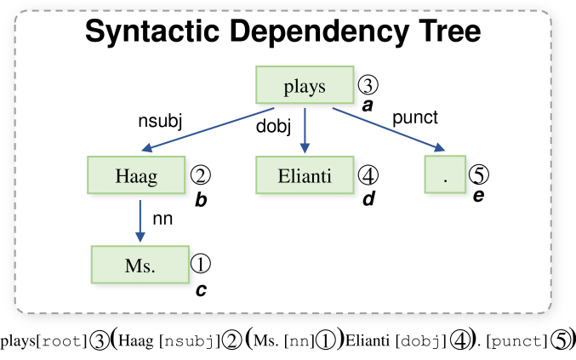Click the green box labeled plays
305,85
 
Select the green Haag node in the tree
136,174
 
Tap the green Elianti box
305,174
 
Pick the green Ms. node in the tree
140,265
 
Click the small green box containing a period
445,174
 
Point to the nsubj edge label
160,121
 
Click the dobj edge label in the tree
273,127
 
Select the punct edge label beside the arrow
415,118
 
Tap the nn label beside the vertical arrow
163,219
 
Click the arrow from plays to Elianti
305,130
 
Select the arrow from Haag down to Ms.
140,221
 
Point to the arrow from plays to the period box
389,129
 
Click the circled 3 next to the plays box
368,85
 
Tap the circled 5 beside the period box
479,174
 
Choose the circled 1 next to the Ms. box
201,264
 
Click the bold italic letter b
201,200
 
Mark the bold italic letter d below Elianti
368,199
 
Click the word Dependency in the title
319,32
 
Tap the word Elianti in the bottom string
368,340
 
